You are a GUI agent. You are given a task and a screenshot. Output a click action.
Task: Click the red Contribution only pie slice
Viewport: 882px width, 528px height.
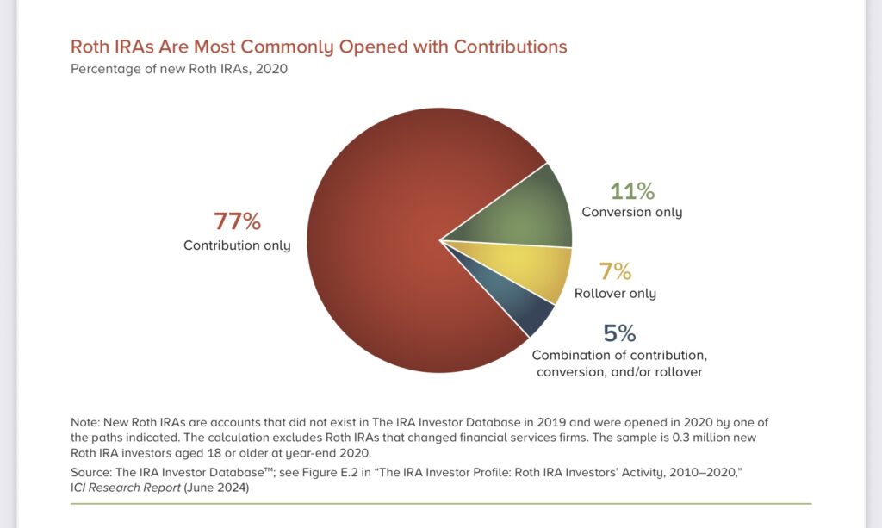click(x=379, y=258)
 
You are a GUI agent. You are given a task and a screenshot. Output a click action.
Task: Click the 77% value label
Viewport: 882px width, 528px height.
click(x=237, y=222)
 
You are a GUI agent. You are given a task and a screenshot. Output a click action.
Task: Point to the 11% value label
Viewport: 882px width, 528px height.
click(x=631, y=190)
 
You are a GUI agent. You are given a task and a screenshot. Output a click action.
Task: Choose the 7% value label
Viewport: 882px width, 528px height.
click(x=615, y=271)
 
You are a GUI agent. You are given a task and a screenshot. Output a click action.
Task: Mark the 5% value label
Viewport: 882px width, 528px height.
click(x=620, y=333)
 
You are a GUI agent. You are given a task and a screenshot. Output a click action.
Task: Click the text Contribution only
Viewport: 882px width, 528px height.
click(x=237, y=245)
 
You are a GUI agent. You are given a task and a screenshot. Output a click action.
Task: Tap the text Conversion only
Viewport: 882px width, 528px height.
click(x=631, y=212)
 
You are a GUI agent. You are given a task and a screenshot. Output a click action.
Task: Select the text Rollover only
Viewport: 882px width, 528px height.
click(x=615, y=294)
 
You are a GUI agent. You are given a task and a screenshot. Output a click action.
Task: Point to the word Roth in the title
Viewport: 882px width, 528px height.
click(x=89, y=47)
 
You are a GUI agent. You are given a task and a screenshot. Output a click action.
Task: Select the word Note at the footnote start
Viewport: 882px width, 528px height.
click(x=84, y=422)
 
